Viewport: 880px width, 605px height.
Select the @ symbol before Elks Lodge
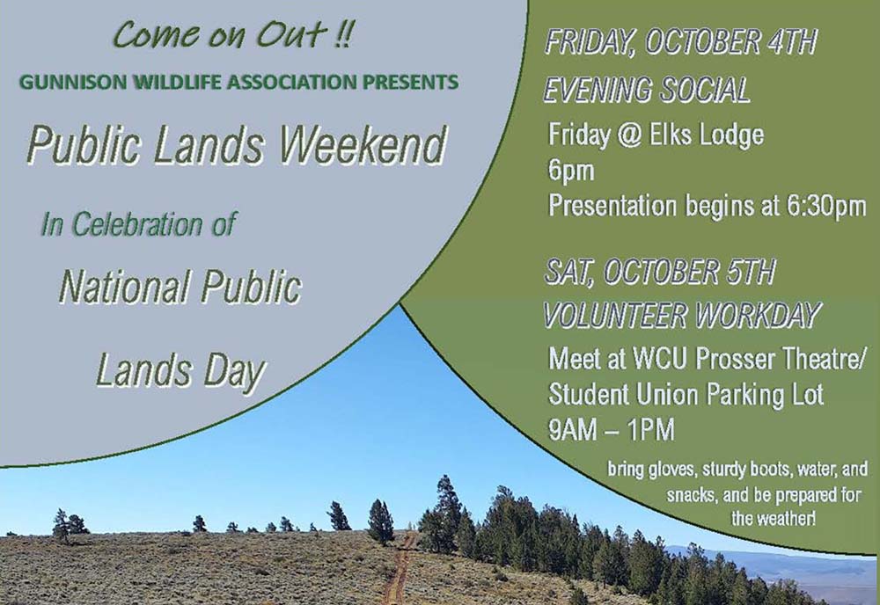pyautogui.click(x=629, y=135)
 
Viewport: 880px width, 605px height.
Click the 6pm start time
pyautogui.click(x=571, y=171)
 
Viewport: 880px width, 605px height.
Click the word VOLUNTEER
pyautogui.click(x=615, y=315)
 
